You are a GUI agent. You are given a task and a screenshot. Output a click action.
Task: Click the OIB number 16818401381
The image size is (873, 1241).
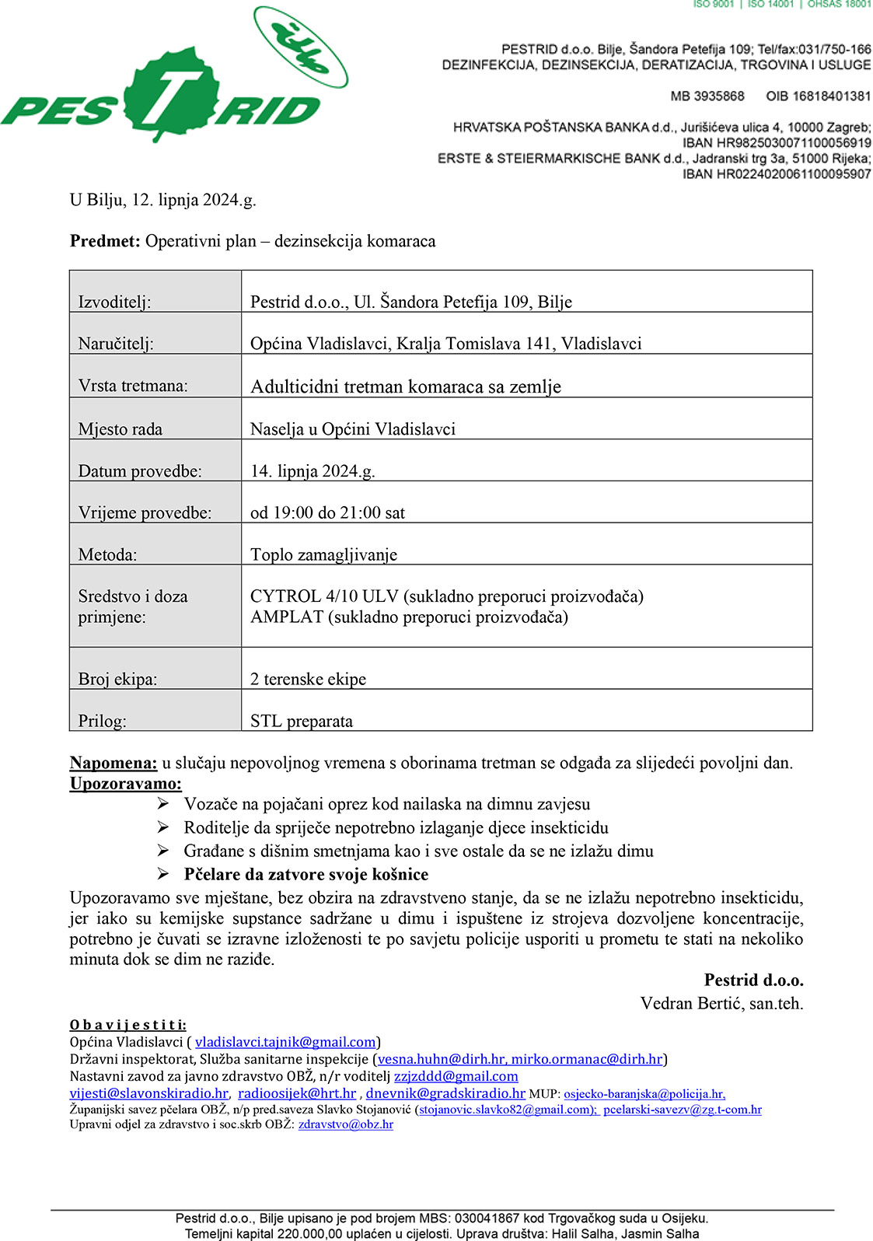point(818,96)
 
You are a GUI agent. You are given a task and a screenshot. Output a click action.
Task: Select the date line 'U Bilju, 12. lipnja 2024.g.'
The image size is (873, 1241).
point(162,200)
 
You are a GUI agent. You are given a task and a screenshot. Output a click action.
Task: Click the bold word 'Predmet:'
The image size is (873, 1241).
point(105,241)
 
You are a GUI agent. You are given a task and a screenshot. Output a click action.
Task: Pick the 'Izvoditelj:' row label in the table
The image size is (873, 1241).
point(114,302)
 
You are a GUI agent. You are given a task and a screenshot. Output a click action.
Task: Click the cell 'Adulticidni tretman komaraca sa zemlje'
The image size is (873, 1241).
point(405,386)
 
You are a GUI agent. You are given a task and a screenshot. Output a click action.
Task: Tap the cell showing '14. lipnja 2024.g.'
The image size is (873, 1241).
point(313,470)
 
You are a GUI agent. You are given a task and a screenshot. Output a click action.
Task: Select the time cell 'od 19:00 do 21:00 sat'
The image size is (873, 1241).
point(327,512)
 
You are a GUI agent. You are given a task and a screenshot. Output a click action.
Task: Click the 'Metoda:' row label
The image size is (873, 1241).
point(107,554)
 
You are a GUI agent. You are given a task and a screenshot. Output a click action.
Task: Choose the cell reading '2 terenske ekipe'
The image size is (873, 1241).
point(308,679)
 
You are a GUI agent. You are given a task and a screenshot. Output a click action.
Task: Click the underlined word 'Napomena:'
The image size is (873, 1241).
point(113,763)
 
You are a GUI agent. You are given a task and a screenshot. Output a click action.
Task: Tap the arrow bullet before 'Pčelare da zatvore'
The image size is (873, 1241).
point(163,873)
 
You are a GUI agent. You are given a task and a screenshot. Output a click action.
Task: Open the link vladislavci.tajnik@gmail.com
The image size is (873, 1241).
point(285,1042)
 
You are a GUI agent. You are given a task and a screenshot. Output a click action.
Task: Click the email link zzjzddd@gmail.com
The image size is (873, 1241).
point(456,1076)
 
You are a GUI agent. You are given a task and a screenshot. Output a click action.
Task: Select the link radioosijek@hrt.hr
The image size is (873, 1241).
point(297,1093)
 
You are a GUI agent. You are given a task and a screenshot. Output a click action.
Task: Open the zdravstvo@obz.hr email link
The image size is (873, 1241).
point(345,1124)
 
